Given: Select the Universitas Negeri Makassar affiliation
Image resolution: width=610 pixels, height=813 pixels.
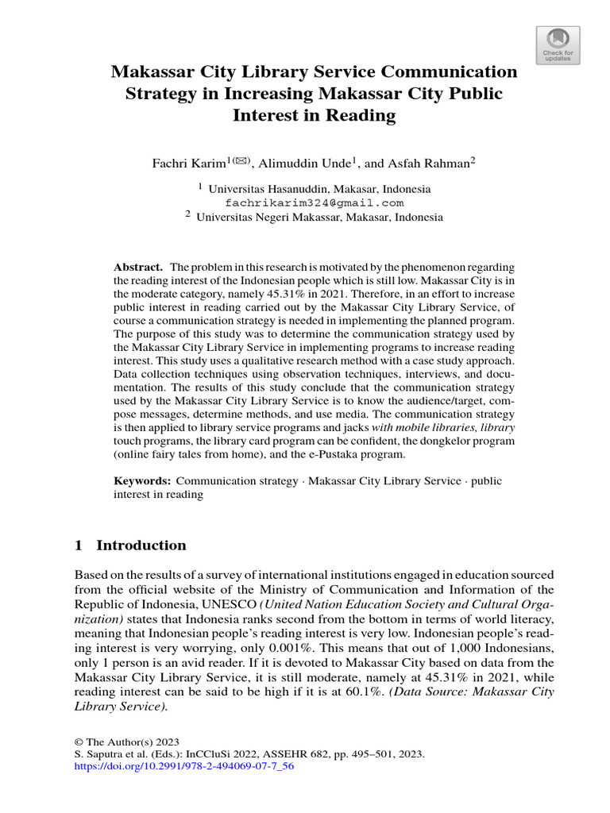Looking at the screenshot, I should (x=319, y=216).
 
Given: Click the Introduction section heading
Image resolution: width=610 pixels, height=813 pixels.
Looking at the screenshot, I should (x=141, y=545).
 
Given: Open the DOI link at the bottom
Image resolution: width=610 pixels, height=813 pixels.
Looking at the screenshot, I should (x=184, y=767).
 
